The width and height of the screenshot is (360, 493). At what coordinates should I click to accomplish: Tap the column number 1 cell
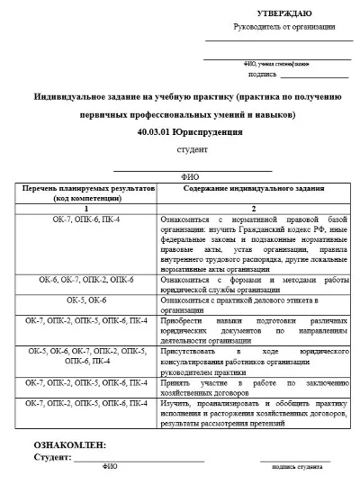click(x=85, y=209)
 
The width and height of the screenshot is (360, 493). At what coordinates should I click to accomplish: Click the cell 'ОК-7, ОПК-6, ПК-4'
click(x=85, y=220)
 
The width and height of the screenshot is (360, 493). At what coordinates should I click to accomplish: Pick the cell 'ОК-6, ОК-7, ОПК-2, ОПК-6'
click(x=85, y=280)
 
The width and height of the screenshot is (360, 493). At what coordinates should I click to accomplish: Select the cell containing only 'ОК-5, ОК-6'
click(x=85, y=299)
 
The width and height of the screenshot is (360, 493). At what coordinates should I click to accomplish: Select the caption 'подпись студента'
click(x=296, y=468)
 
